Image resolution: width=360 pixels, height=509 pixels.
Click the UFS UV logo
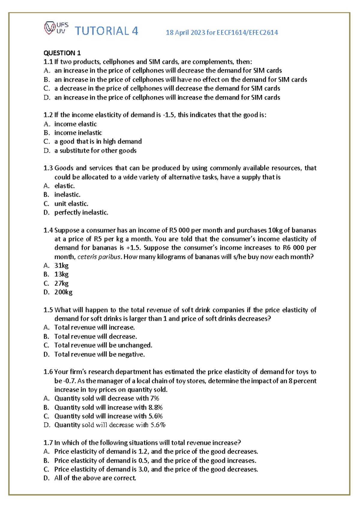[x=56, y=28]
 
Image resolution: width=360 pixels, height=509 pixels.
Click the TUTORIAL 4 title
[x=106, y=31]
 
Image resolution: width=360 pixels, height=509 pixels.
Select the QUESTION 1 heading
[x=62, y=53]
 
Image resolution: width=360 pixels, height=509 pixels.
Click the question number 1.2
[x=48, y=115]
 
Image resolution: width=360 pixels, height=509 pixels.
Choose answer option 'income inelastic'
[x=78, y=133]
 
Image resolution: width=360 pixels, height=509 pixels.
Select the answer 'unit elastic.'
[x=71, y=204]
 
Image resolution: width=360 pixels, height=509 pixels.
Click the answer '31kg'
[x=61, y=266]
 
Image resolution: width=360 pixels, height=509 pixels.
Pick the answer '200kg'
[x=63, y=292]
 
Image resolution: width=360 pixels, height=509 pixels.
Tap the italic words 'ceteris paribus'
[x=99, y=257]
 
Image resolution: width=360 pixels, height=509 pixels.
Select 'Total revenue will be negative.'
[x=99, y=354]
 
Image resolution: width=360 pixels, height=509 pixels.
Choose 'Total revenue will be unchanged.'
[x=103, y=345]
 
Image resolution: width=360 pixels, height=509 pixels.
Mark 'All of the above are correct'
[x=95, y=478]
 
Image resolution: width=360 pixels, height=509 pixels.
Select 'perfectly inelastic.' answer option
[x=81, y=212]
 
